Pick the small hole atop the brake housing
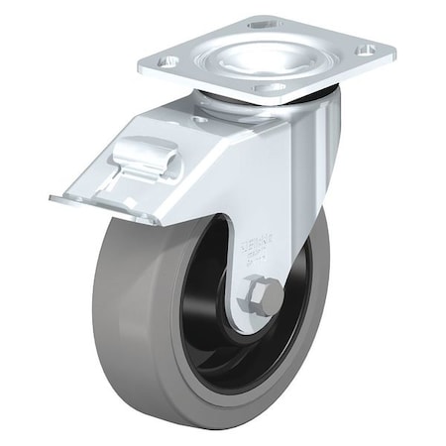[201, 118]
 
